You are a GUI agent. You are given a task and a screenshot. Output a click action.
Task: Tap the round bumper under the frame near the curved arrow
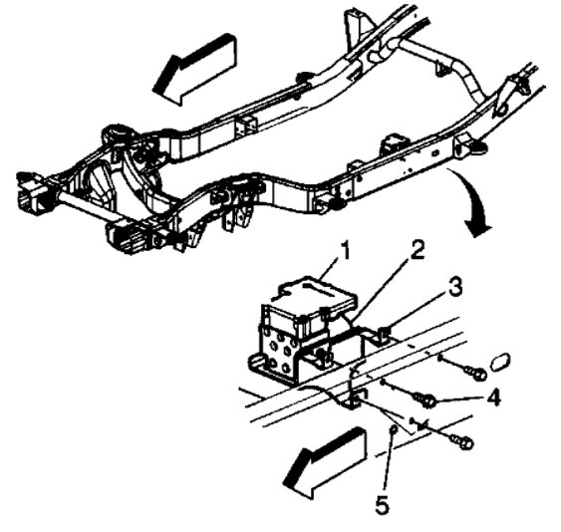pyautogui.click(x=477, y=147)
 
